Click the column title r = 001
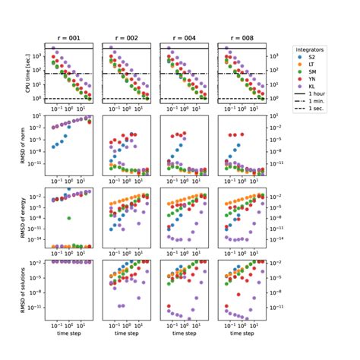pos(69,36)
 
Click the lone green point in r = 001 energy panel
pos(69,218)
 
